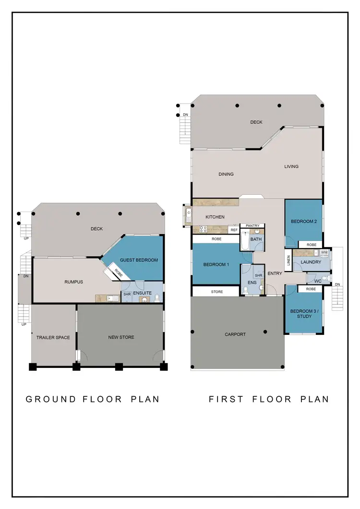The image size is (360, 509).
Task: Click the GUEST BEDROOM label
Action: point(139,260)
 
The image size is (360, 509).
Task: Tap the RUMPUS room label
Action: point(73,282)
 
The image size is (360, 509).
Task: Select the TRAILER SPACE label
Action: point(53,337)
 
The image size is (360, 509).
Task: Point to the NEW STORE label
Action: point(121,337)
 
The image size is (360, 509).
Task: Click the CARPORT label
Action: point(235,334)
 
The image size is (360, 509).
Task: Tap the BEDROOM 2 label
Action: point(304,221)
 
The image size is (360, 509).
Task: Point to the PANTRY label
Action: point(252,225)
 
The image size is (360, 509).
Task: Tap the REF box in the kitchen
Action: point(234,230)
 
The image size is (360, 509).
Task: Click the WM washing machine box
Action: point(324,252)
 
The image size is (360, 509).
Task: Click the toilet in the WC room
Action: point(324,278)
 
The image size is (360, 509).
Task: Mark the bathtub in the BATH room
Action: point(244,240)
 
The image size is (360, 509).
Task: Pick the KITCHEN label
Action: point(215,217)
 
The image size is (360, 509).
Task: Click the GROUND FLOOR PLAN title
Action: point(92,399)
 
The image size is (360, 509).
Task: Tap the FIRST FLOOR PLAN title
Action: point(269,399)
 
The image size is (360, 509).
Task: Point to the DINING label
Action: point(226,174)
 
